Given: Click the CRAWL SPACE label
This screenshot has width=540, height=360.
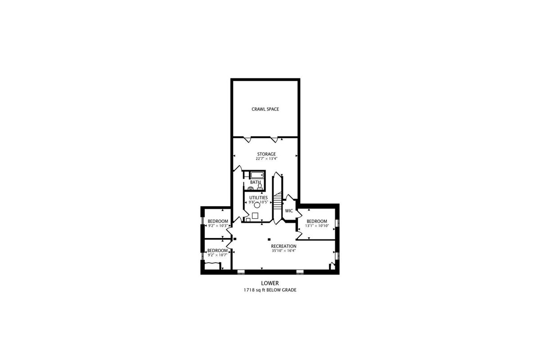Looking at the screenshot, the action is click(265, 109).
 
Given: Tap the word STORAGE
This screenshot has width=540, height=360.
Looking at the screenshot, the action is click(266, 154).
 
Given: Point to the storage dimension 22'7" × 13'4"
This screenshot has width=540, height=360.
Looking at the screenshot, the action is click(266, 159).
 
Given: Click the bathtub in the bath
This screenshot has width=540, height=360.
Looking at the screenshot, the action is click(257, 175).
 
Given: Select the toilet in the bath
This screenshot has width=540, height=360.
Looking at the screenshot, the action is click(260, 187).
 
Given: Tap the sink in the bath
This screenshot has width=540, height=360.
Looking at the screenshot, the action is click(251, 188).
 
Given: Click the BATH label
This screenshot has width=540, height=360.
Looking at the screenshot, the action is click(255, 182).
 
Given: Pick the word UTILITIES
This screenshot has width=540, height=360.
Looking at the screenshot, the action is click(258, 198).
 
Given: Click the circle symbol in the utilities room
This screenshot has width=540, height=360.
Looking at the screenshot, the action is click(257, 205).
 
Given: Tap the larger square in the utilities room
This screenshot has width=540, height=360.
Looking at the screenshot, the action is click(255, 216).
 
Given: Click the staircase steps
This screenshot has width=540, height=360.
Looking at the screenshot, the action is click(278, 202).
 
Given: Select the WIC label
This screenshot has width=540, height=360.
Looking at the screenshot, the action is click(289, 211).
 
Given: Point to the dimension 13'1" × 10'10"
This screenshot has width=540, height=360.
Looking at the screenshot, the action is click(317, 226).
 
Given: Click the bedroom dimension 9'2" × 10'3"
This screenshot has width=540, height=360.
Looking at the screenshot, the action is click(218, 226).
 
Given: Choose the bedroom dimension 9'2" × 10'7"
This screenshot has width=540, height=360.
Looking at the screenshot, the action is click(217, 255).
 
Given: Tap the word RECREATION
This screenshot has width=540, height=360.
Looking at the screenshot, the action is click(284, 246).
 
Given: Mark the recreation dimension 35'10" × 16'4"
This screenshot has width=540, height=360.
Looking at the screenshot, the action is click(284, 251).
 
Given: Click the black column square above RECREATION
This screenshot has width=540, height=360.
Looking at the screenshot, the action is click(269, 239).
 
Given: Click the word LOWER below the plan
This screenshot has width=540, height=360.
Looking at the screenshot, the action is click(270, 283).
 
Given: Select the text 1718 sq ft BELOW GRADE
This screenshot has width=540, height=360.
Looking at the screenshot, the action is click(270, 290).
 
